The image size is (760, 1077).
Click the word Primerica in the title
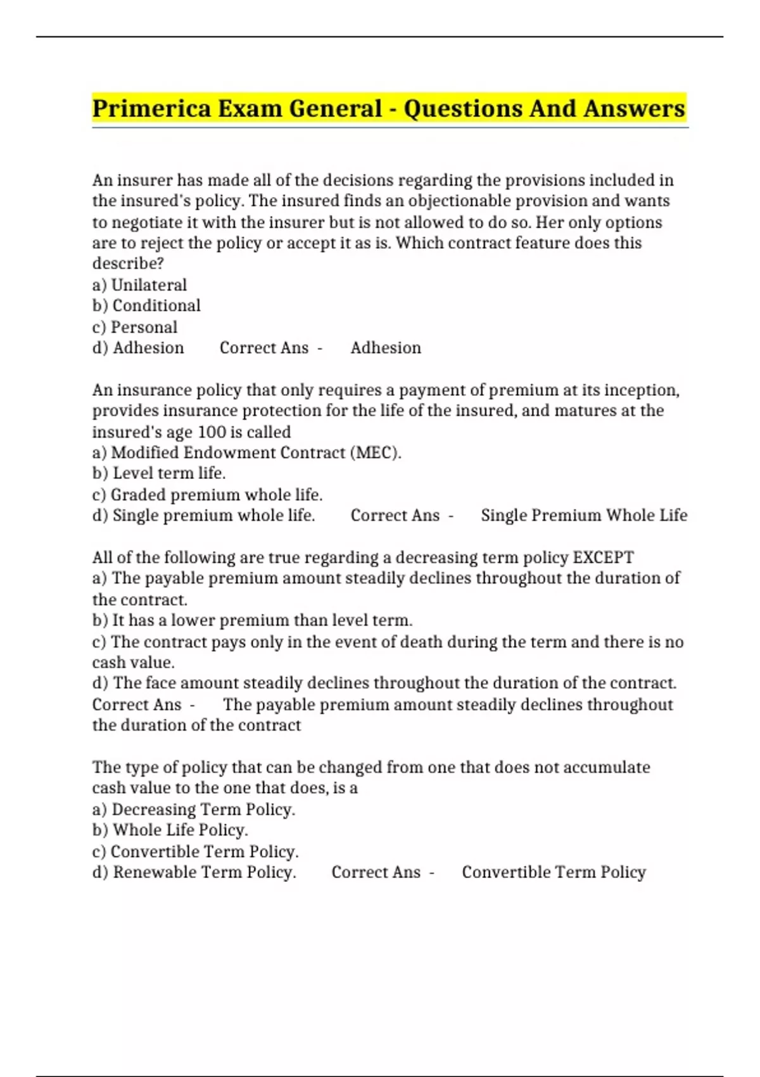(x=151, y=108)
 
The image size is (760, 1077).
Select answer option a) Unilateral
(x=139, y=285)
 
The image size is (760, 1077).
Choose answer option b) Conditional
(x=146, y=306)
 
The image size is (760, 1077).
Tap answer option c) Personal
(x=135, y=328)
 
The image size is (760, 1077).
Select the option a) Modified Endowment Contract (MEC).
(x=246, y=453)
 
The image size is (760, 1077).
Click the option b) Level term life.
(x=159, y=473)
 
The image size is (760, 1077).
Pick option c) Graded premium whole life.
(x=207, y=495)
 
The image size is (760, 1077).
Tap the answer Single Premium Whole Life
(x=583, y=516)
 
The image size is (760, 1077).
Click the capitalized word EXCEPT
(x=603, y=558)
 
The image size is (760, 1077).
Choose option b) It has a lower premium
(x=252, y=620)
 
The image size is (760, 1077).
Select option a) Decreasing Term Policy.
(x=194, y=810)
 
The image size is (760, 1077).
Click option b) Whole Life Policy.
(x=170, y=830)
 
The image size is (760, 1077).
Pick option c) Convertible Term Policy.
(x=195, y=851)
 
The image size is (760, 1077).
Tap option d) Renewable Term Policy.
(x=194, y=872)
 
